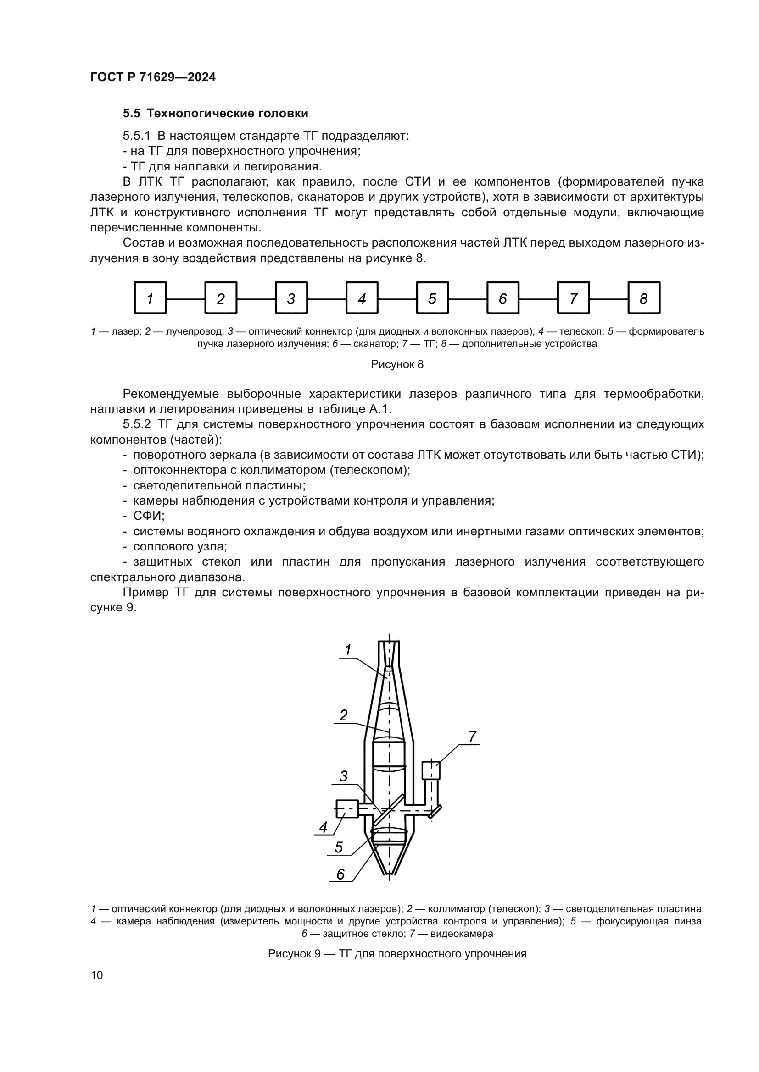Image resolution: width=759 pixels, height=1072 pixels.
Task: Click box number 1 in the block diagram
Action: click(x=151, y=298)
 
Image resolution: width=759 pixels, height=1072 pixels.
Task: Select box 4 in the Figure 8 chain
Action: click(x=362, y=298)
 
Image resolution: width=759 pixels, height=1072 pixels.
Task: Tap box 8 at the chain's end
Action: click(x=643, y=298)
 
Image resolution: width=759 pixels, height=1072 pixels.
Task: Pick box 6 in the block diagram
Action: click(x=503, y=298)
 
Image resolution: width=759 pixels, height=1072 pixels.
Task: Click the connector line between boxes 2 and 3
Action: click(x=256, y=298)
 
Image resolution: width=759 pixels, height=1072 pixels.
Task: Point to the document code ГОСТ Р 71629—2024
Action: click(x=153, y=77)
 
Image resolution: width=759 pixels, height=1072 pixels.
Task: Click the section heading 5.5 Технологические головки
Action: click(x=216, y=114)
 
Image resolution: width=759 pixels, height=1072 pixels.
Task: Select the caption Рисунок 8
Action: click(x=397, y=365)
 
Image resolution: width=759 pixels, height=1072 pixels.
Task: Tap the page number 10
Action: click(x=97, y=975)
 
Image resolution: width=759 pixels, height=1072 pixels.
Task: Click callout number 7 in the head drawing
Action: click(x=472, y=737)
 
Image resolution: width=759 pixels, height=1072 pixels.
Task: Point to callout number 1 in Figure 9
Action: click(x=348, y=650)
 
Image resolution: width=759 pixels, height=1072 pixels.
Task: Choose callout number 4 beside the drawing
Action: click(x=324, y=827)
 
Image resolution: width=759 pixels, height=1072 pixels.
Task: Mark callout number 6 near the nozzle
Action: click(x=340, y=874)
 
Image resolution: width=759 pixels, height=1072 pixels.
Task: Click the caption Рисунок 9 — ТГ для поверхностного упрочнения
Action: click(x=397, y=954)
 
